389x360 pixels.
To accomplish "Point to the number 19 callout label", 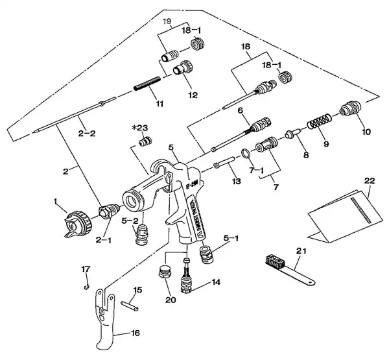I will point(167,21).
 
